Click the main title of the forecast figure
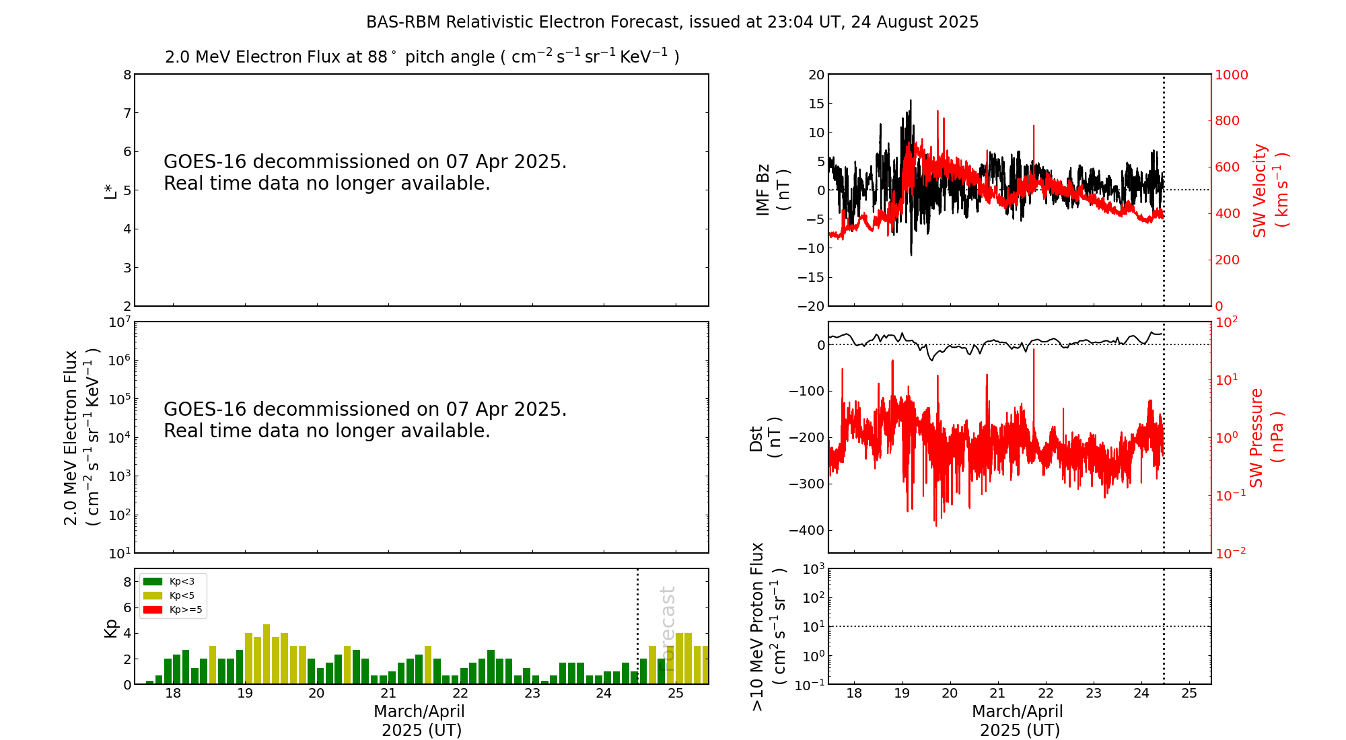[672, 22]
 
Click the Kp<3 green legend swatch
[153, 581]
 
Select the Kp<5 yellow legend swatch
[153, 595]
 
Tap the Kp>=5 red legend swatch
[153, 610]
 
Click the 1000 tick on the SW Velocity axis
[1231, 75]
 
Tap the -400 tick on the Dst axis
[806, 530]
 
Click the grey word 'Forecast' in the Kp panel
[667, 620]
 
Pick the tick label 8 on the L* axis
[127, 75]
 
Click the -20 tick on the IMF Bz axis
[810, 306]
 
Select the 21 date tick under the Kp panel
[388, 694]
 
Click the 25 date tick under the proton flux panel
[1189, 694]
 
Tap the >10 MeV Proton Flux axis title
[767, 626]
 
